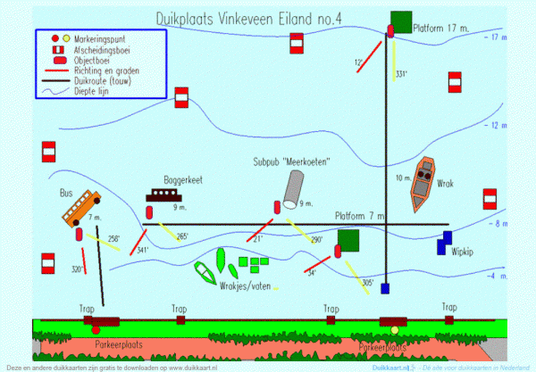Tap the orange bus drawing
(81, 209)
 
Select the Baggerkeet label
(183, 179)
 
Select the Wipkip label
(464, 251)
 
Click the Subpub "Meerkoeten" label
(292, 162)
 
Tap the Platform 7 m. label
(360, 217)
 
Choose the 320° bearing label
(78, 269)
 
